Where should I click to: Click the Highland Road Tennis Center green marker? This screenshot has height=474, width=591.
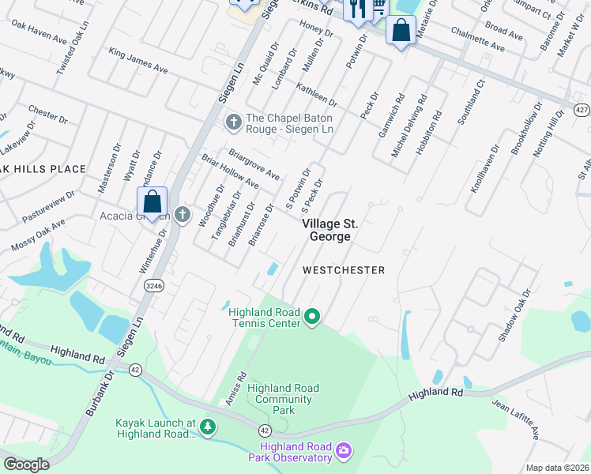pos(312,318)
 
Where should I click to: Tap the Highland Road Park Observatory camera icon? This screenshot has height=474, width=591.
pos(344,451)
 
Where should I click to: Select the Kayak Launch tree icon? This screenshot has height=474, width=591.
pos(208,427)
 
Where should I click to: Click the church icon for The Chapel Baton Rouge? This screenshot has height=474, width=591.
pos(233,122)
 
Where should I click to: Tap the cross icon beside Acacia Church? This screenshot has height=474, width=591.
pos(183,215)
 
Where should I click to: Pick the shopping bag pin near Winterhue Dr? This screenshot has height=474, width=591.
pos(152,202)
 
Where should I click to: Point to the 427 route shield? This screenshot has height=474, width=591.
pos(581,108)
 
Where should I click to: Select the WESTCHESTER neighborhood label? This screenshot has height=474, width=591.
pos(344,270)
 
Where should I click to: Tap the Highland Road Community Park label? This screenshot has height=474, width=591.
pos(283,399)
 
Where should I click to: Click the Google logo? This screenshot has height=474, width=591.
pos(26,465)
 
